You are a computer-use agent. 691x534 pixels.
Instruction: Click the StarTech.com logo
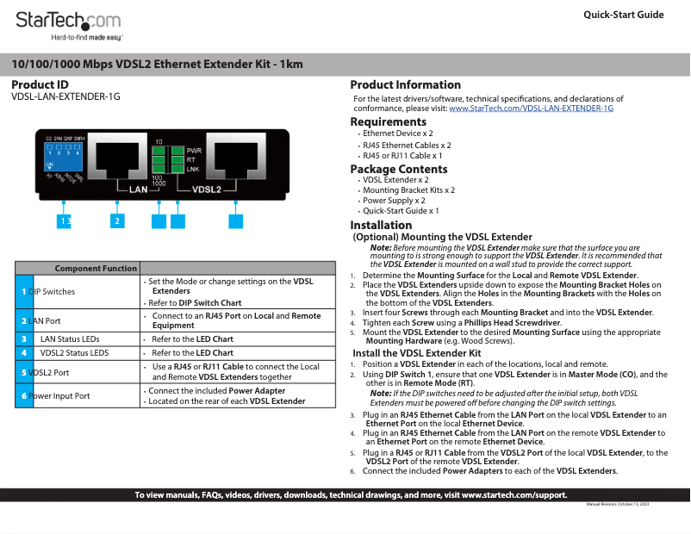(x=69, y=21)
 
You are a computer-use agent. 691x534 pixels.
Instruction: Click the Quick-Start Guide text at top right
(x=624, y=15)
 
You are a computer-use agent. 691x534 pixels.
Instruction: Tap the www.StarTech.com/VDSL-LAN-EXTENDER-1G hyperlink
(x=531, y=109)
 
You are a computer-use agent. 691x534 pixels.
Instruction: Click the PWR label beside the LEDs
(x=194, y=151)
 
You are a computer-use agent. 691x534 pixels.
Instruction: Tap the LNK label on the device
(x=193, y=170)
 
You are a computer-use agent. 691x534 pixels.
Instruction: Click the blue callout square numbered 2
(x=115, y=221)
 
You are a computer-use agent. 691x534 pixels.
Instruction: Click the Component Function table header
(x=96, y=269)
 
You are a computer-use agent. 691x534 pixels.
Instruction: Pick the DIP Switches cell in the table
(x=52, y=292)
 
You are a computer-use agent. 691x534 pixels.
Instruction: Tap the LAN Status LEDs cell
(x=70, y=339)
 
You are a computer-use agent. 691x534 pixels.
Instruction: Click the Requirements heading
(x=388, y=122)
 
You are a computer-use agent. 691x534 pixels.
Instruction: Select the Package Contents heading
(x=398, y=170)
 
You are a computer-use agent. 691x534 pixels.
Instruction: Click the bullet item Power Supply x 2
(x=394, y=200)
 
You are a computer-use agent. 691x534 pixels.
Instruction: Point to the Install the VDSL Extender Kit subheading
(x=416, y=353)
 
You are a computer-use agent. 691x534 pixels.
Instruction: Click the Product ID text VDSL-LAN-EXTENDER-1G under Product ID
(x=65, y=96)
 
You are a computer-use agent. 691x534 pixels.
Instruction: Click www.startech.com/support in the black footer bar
(x=514, y=495)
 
